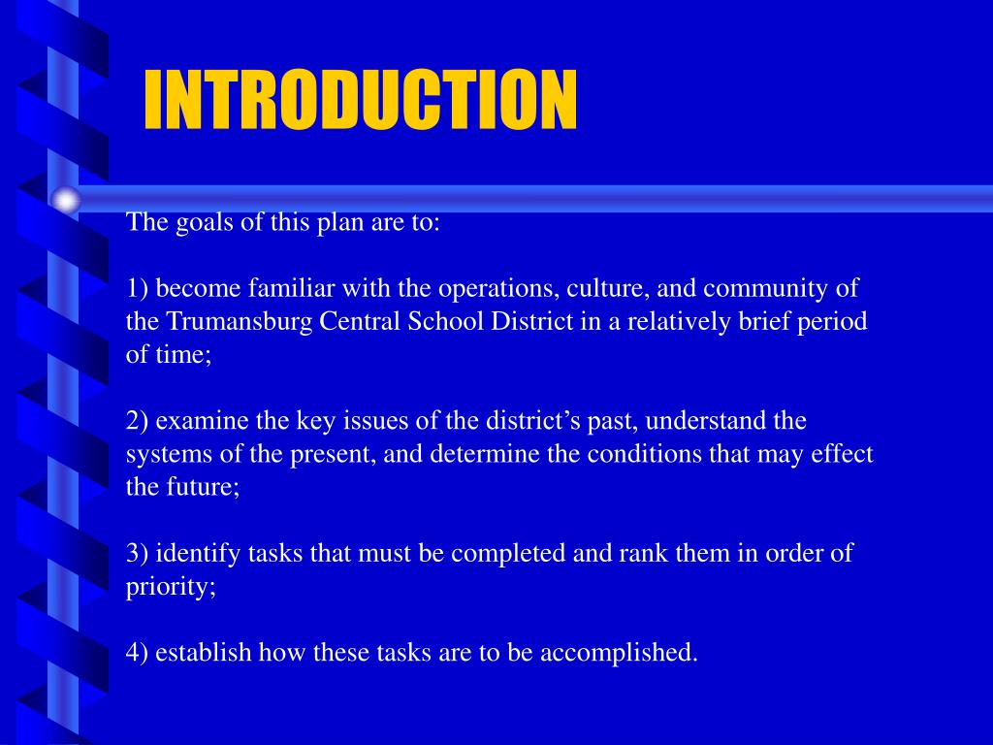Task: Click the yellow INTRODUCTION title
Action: tap(360, 100)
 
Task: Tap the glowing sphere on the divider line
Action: tap(66, 201)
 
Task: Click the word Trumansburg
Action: tap(227, 322)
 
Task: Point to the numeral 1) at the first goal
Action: tap(138, 289)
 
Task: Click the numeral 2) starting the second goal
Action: tap(138, 421)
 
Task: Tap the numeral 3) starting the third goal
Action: tap(138, 553)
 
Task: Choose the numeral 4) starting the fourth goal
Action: tap(138, 652)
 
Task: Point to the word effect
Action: tap(844, 454)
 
